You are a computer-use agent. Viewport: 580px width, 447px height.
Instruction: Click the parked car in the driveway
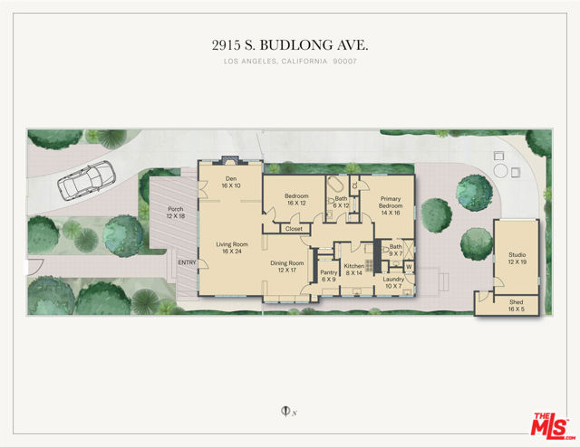point(86,181)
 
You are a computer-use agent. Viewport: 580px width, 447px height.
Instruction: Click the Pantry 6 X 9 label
point(329,276)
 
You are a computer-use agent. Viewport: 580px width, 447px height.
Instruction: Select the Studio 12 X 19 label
point(517,258)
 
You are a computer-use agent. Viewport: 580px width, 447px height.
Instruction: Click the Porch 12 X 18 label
point(176,213)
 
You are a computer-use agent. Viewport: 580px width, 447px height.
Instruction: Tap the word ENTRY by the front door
point(188,262)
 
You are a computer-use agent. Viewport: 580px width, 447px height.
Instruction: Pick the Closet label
point(294,229)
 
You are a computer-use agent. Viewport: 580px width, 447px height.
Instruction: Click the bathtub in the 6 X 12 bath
point(336,184)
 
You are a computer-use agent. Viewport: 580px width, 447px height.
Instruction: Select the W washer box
point(409,267)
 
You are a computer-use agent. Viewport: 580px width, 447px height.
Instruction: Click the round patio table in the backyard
point(501,171)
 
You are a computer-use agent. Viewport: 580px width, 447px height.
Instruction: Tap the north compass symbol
point(285,411)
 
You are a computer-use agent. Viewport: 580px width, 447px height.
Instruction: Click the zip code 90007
point(344,62)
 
